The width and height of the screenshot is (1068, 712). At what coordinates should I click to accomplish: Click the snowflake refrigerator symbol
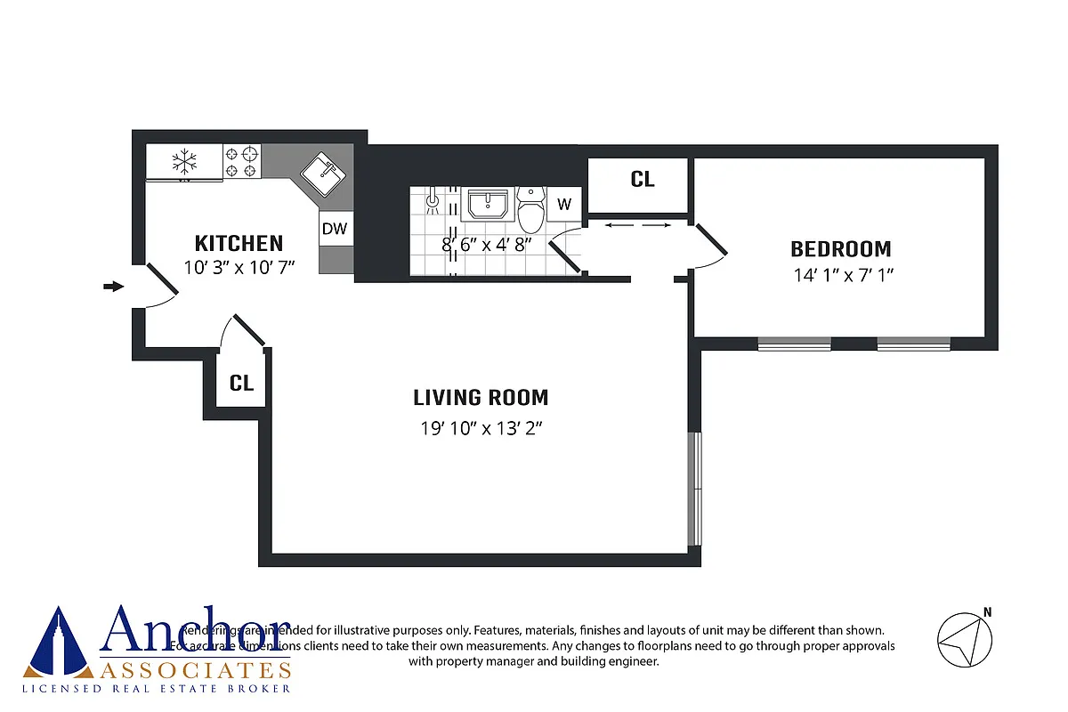coord(184,162)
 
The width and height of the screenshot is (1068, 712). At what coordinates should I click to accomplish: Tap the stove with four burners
coord(241,162)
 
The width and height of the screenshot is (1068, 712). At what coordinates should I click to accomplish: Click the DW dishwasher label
coord(335,229)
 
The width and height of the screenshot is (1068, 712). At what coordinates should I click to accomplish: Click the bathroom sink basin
coord(486,204)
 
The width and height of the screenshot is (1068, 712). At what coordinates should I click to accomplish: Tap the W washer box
coord(563,204)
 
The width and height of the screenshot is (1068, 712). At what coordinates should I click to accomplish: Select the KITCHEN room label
coord(239,243)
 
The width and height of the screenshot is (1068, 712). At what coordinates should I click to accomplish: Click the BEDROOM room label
coord(841,249)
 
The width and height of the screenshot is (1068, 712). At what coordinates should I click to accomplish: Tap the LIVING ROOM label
coord(481,397)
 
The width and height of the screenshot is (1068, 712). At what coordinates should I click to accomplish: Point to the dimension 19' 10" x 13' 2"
coord(481,428)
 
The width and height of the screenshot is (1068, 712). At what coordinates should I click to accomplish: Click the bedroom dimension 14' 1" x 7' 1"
coord(842,275)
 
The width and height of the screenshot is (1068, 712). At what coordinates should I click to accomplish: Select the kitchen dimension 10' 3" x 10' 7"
coord(239,266)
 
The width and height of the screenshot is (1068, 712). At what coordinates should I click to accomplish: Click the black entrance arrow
coord(113,286)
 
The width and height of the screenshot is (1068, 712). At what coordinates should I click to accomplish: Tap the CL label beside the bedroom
coord(643,179)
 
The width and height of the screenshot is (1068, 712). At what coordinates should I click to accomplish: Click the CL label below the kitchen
coord(241,384)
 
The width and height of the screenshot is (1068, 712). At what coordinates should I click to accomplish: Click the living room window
coord(695,489)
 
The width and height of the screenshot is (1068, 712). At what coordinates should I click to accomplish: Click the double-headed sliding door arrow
coord(637,226)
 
